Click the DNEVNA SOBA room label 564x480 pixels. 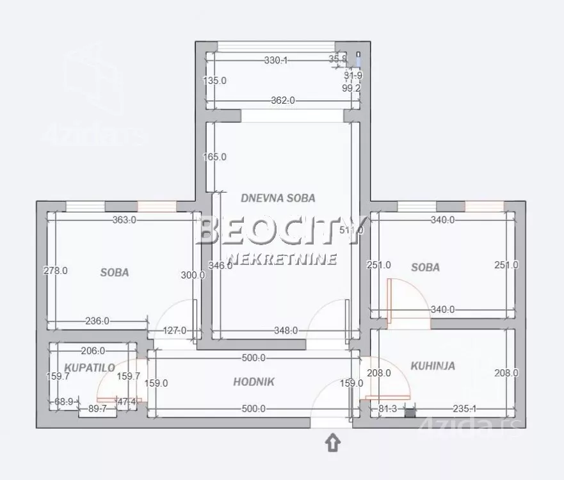coord(278,198)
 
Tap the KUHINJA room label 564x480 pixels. coord(433,366)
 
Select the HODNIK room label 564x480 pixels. coord(254,382)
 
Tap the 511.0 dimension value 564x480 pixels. coord(351,230)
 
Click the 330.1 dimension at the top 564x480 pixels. coord(276,60)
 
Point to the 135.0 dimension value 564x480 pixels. coord(214,81)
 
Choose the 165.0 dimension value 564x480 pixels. coord(214,157)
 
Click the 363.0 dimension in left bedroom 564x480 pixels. coord(124,220)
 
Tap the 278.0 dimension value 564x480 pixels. coord(56,271)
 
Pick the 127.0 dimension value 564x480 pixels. coord(174,331)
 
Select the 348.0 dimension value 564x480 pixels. coord(286,331)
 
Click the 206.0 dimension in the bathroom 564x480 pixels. coord(93,351)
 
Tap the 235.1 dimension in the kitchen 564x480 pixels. coord(464,408)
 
